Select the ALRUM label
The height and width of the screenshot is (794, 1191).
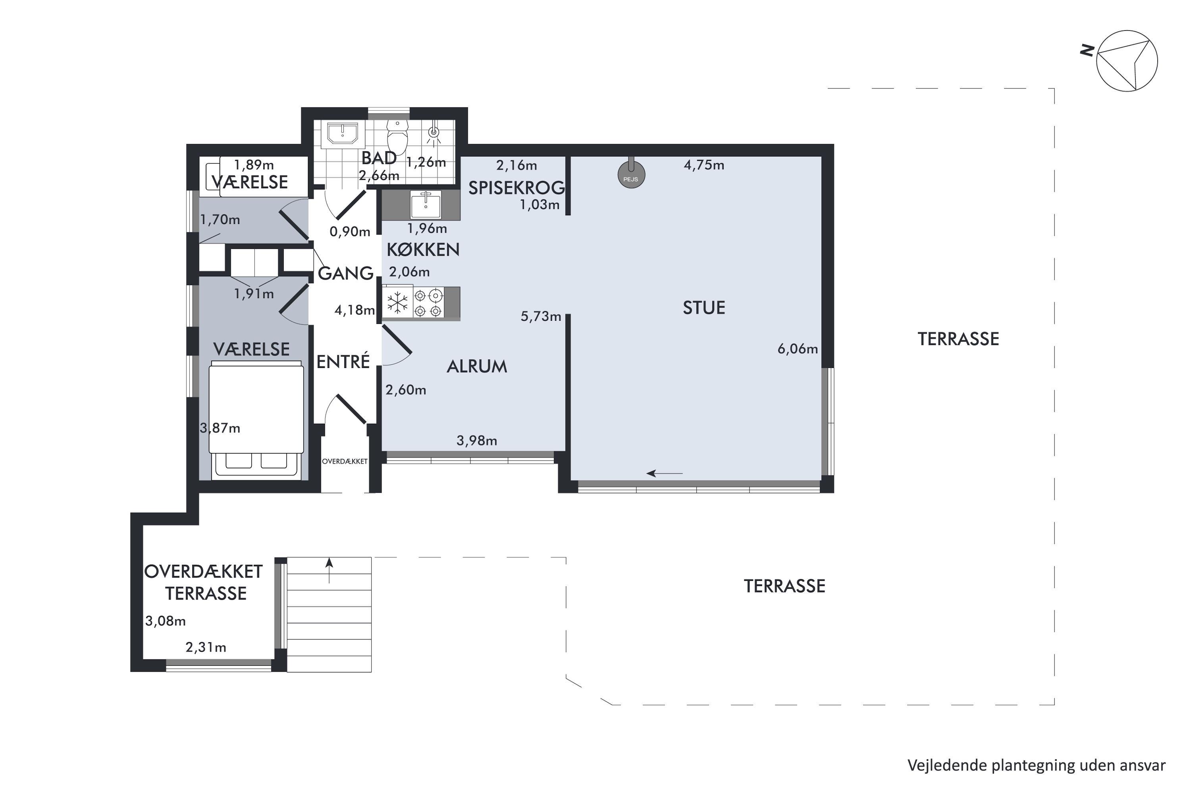476,366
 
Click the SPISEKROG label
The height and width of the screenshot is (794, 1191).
516,188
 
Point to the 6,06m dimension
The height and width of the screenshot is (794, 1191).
798,349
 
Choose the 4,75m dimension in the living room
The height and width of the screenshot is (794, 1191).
704,165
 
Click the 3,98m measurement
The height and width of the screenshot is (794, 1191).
476,441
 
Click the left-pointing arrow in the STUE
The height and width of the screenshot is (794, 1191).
665,474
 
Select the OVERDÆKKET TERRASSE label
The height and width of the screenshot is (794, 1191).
204,582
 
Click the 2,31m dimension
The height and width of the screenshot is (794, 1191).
206,647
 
